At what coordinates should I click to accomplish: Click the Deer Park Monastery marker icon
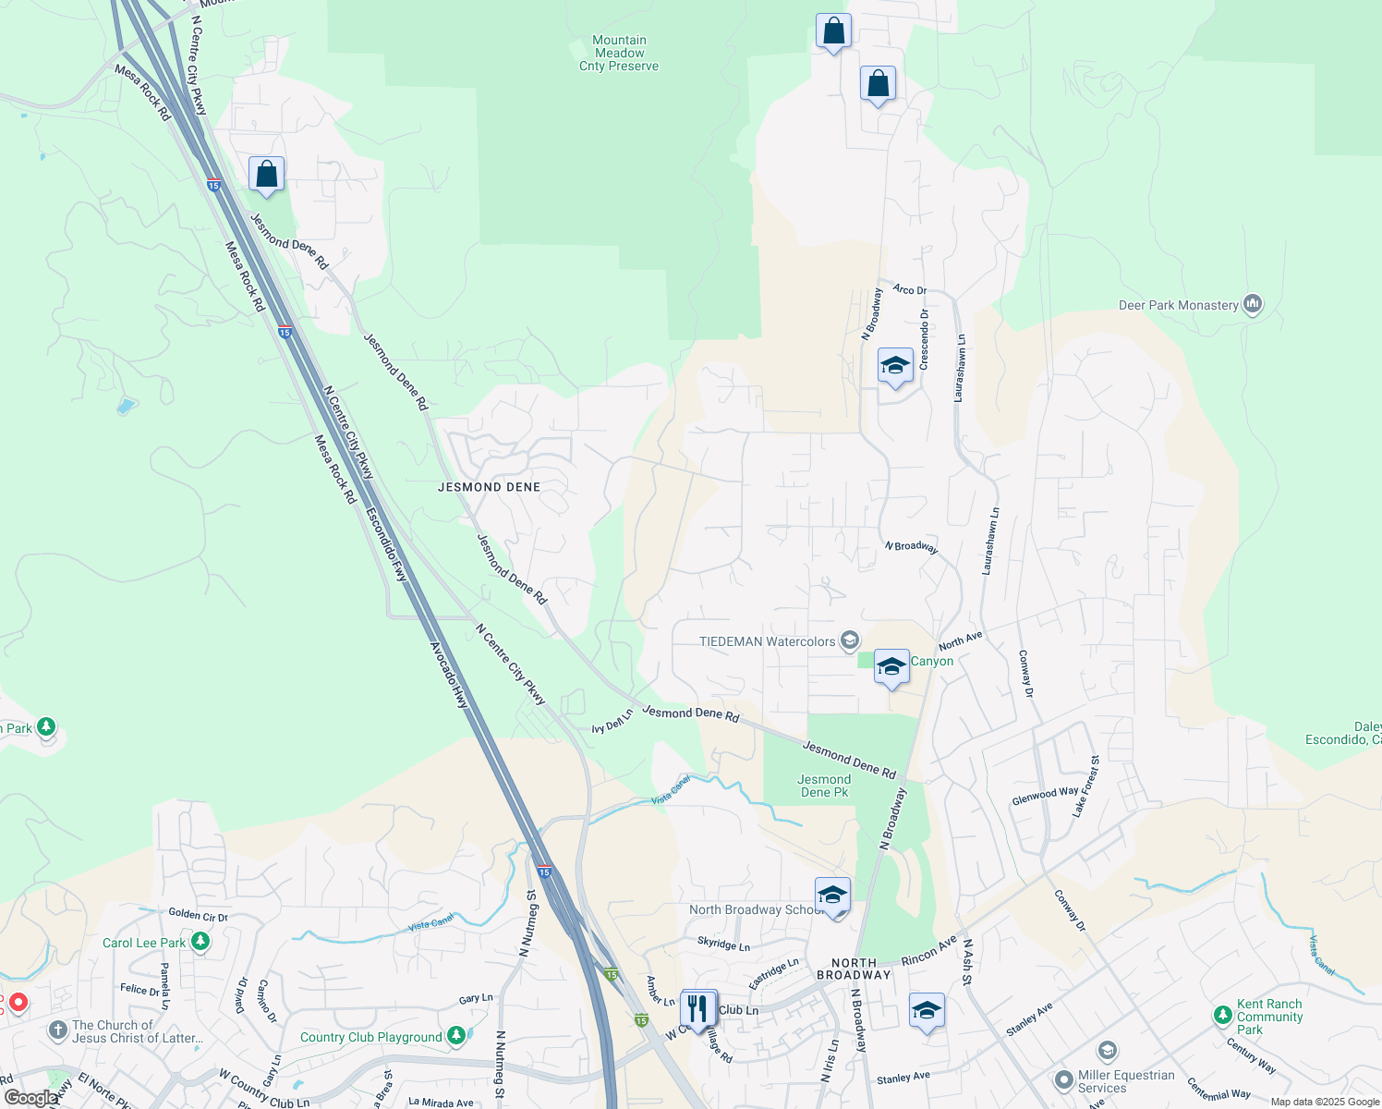pyautogui.click(x=1253, y=304)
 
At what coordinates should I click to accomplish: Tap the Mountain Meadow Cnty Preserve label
pyautogui.click(x=619, y=54)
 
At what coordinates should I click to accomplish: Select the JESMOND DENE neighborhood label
pyautogui.click(x=489, y=487)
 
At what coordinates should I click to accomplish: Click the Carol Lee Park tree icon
pyautogui.click(x=200, y=943)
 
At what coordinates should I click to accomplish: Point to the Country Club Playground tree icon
pyautogui.click(x=455, y=1037)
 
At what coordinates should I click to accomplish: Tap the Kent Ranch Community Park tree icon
pyautogui.click(x=1223, y=1017)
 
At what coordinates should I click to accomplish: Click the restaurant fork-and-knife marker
pyautogui.click(x=698, y=1007)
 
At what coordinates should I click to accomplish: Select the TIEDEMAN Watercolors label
pyautogui.click(x=768, y=641)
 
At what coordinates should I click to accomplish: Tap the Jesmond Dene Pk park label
pyautogui.click(x=824, y=786)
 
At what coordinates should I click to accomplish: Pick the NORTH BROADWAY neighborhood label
pyautogui.click(x=854, y=969)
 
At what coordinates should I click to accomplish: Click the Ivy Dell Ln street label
pyautogui.click(x=612, y=722)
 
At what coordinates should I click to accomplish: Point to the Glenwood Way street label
pyautogui.click(x=1045, y=795)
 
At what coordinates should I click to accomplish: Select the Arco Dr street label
pyautogui.click(x=909, y=289)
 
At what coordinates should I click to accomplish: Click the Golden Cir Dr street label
pyautogui.click(x=198, y=915)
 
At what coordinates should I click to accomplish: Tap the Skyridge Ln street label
pyautogui.click(x=723, y=944)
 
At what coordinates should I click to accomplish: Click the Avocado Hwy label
pyautogui.click(x=450, y=676)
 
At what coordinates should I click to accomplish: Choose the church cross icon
pyautogui.click(x=57, y=1030)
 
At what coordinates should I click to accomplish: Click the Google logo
pyautogui.click(x=30, y=1098)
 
